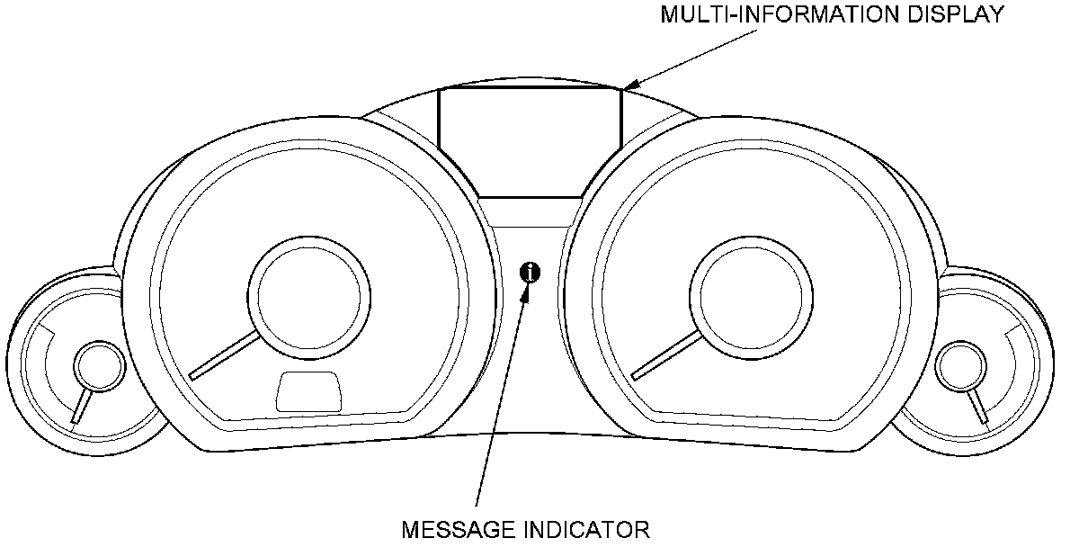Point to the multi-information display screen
530,139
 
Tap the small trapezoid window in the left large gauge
310,392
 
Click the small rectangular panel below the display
531,213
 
